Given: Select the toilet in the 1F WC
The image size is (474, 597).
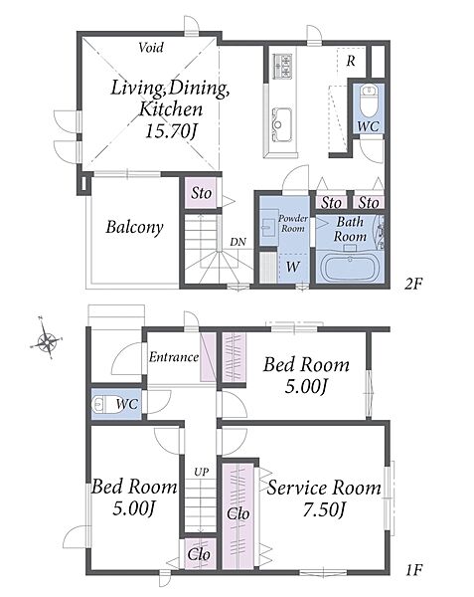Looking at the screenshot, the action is click(x=103, y=404).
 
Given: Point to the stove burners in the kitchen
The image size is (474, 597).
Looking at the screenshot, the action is click(x=283, y=67).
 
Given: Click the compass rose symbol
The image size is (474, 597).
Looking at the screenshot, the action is click(x=46, y=341).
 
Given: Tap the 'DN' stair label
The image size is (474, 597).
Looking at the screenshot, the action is click(x=237, y=242).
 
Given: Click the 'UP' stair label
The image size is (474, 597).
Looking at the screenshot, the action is click(x=201, y=472).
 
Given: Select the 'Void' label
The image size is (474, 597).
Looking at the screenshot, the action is click(x=151, y=48).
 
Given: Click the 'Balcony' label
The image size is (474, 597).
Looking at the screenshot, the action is click(x=134, y=227).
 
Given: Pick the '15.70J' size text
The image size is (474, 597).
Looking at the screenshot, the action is click(x=172, y=131).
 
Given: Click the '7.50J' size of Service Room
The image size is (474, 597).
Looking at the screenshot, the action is click(x=324, y=509).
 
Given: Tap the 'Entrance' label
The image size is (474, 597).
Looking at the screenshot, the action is click(x=174, y=357).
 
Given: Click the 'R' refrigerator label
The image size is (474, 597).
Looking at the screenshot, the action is click(x=351, y=62).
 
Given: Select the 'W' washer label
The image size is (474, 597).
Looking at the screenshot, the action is click(x=293, y=267).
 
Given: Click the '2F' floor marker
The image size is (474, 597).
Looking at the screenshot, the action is click(x=413, y=284).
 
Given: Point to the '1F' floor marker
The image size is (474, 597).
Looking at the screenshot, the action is click(x=414, y=570).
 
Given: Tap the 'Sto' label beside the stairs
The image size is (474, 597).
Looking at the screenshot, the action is click(x=201, y=193).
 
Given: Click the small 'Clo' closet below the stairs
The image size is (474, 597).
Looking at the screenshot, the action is click(x=199, y=554).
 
